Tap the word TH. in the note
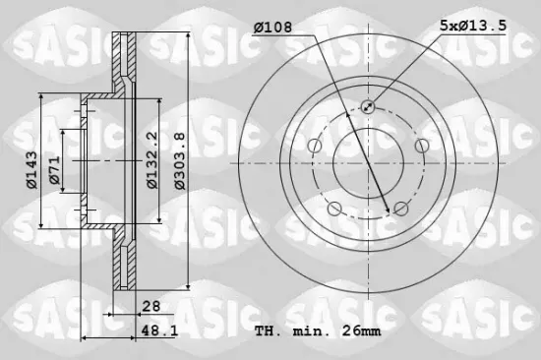point(269,331)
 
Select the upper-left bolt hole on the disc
point(314,147)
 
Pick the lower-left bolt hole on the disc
point(334,208)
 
